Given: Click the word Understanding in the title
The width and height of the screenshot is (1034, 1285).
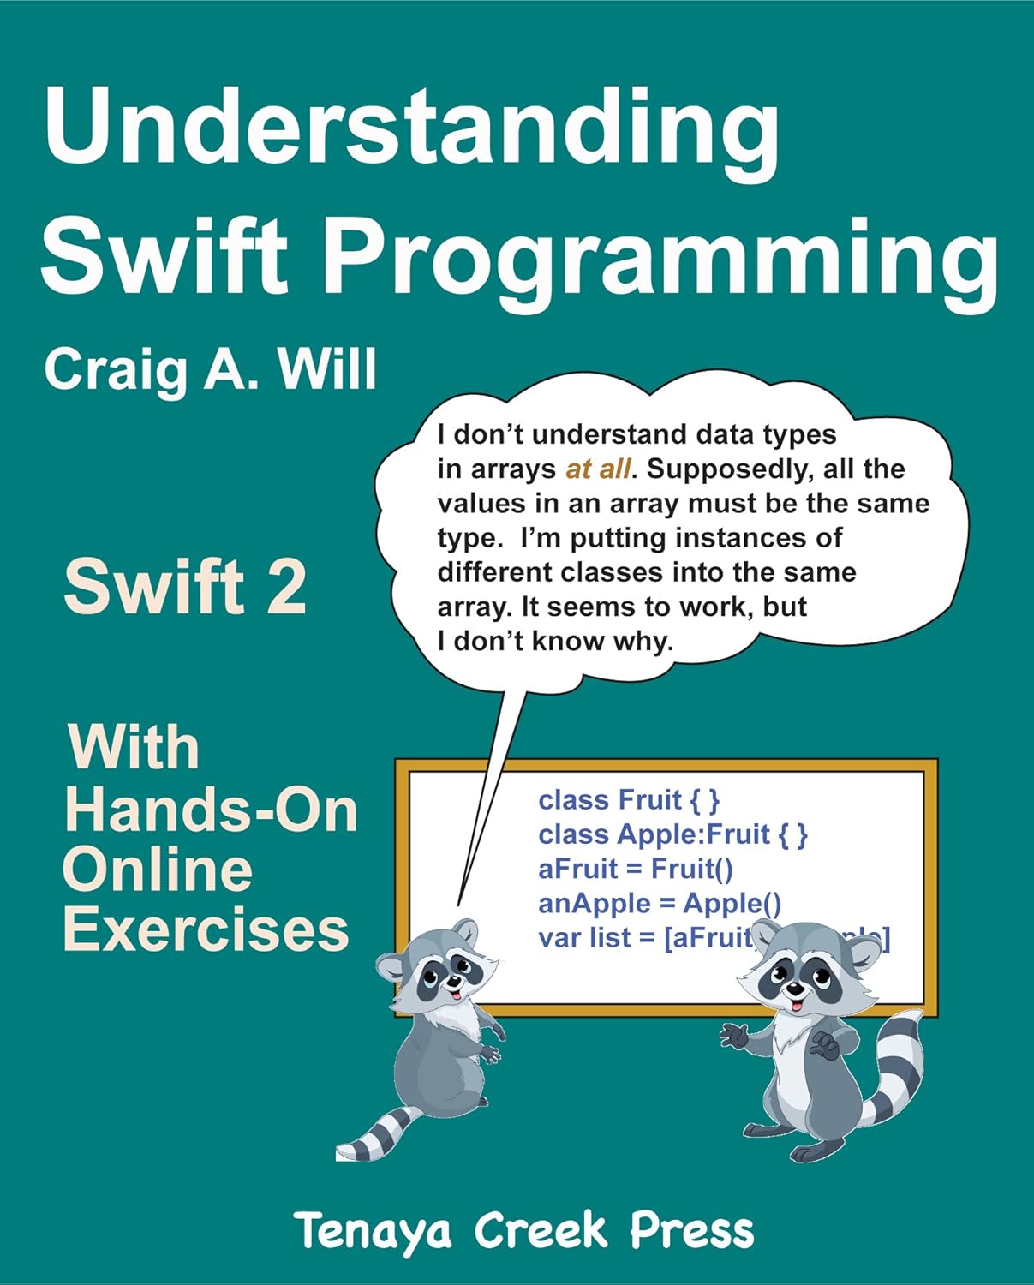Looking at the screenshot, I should click(x=411, y=128).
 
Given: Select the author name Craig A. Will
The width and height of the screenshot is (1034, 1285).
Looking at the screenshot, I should click(x=210, y=370).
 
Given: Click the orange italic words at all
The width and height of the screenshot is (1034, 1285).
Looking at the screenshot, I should click(x=599, y=469).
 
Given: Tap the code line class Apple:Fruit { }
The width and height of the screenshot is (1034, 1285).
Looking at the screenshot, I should click(x=672, y=834).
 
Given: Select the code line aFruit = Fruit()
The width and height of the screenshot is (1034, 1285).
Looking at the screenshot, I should click(x=635, y=869).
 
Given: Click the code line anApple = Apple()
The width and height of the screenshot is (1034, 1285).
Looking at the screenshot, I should click(x=659, y=903).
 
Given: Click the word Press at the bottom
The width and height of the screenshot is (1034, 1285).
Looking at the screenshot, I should click(x=692, y=1231).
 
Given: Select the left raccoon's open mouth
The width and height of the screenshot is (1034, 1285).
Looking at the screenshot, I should click(x=457, y=995).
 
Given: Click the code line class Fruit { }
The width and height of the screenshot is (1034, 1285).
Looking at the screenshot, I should click(x=629, y=800).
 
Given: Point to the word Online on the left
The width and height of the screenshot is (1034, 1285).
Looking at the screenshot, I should click(x=158, y=870).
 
